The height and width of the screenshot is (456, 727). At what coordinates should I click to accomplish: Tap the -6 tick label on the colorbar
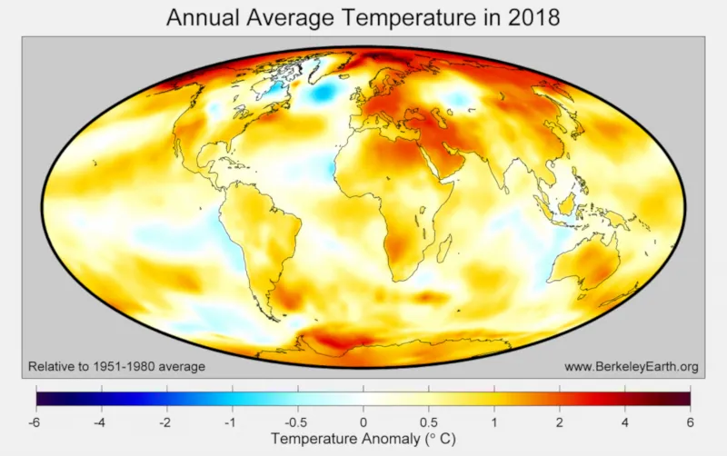point(35,421)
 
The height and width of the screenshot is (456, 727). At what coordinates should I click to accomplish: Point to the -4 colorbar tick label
point(101,421)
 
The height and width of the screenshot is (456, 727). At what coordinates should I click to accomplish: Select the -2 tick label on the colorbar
point(166,421)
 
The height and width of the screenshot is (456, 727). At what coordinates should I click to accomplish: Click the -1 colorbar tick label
point(232,421)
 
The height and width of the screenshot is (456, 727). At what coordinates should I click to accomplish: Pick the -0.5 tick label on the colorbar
point(297,421)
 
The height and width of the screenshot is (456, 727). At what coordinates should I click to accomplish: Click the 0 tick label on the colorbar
point(363,421)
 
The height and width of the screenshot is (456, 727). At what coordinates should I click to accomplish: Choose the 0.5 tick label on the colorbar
point(429,421)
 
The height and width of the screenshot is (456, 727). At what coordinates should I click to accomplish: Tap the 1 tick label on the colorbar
point(494,421)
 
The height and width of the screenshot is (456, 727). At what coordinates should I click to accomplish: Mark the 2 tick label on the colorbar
point(560,421)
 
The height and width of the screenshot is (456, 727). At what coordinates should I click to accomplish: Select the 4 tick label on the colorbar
point(625,421)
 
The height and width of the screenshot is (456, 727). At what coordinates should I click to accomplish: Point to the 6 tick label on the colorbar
point(691,421)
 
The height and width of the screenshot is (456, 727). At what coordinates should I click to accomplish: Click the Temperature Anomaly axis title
point(363,440)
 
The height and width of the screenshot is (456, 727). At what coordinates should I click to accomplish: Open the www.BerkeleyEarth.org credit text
point(631,367)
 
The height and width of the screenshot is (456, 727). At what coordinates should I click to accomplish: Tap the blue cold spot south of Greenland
point(319,93)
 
